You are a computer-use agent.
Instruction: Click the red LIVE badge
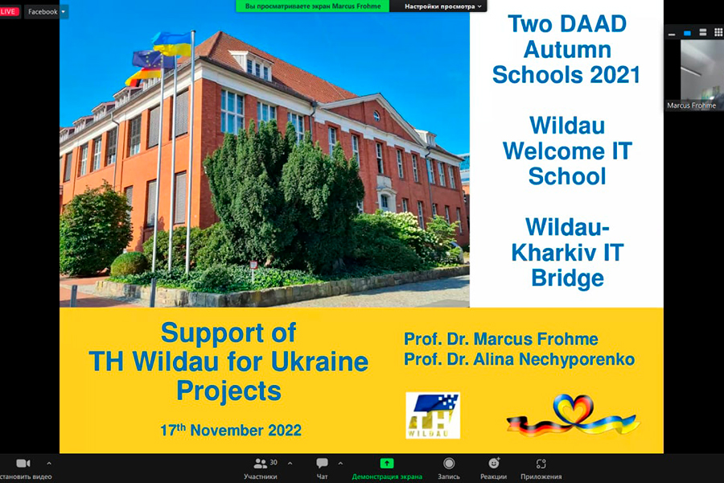(9, 11)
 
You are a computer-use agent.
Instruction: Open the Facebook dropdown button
(46, 11)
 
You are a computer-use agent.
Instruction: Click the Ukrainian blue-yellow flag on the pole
(172, 44)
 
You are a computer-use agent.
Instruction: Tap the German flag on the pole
(142, 76)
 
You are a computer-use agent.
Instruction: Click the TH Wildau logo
(433, 415)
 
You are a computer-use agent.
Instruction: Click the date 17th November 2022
(230, 429)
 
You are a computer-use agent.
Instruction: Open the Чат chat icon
(322, 463)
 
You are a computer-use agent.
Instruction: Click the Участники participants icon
(261, 463)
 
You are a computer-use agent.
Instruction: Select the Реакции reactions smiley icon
(494, 463)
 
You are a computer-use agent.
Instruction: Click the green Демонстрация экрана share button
(387, 463)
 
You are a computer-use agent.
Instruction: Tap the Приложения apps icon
(541, 464)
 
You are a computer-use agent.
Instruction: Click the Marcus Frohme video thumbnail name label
(691, 105)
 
